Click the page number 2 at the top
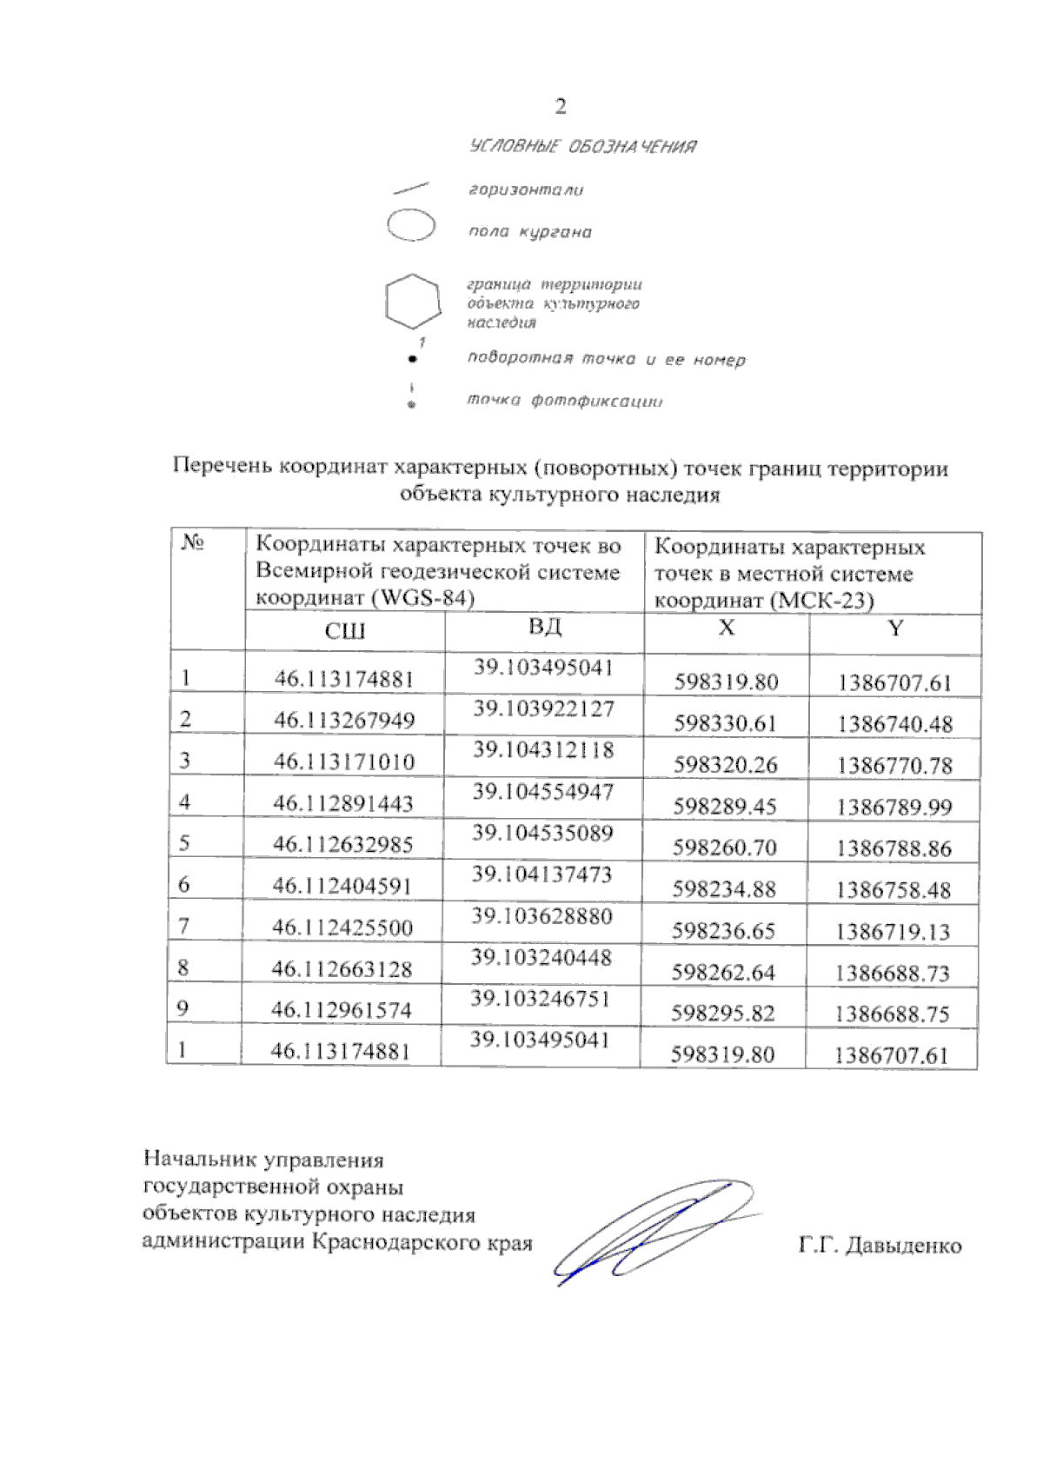pyautogui.click(x=561, y=107)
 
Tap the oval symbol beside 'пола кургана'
pyautogui.click(x=411, y=226)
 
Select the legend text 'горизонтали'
pyautogui.click(x=526, y=189)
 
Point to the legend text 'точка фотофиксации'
pyautogui.click(x=565, y=401)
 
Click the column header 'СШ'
pyautogui.click(x=345, y=631)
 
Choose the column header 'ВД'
pyautogui.click(x=545, y=627)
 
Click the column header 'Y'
pyautogui.click(x=895, y=628)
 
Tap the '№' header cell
pyautogui.click(x=193, y=544)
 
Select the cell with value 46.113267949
pyautogui.click(x=344, y=721)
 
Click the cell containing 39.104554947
pyautogui.click(x=543, y=792)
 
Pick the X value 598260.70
pyautogui.click(x=725, y=848)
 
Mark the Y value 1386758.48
pyautogui.click(x=894, y=890)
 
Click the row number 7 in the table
pyautogui.click(x=184, y=927)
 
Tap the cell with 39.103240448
pyautogui.click(x=541, y=958)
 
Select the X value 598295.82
pyautogui.click(x=723, y=1014)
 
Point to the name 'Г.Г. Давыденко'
pyautogui.click(x=880, y=1246)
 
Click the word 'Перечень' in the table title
pyautogui.click(x=223, y=468)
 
